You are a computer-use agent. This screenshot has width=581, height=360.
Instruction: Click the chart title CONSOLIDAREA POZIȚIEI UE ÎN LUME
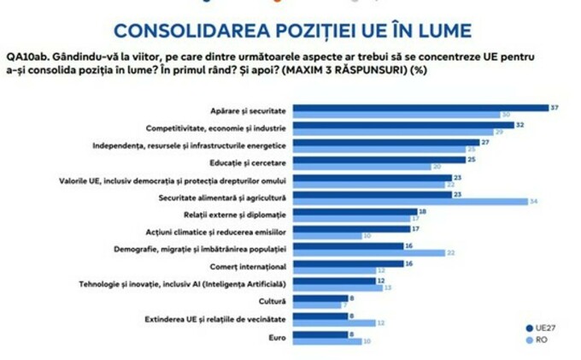coord(292,31)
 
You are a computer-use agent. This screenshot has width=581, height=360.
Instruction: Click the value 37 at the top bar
coord(555,108)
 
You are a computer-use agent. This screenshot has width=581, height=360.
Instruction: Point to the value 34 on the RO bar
coord(534,202)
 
